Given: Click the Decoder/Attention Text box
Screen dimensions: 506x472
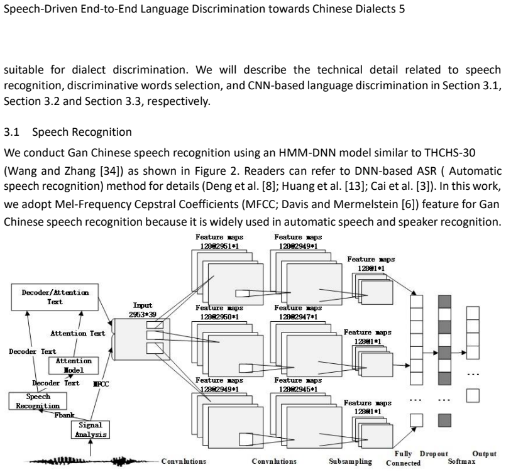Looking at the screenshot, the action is [x=55, y=297].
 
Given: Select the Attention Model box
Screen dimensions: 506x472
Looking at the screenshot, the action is [x=74, y=366].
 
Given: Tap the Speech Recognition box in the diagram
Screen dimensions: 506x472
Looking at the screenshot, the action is [x=38, y=401].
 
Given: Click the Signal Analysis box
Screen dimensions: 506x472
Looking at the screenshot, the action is [x=91, y=430].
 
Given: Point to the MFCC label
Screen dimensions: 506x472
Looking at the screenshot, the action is [x=101, y=384].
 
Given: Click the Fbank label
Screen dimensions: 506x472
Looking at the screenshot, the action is [x=64, y=415].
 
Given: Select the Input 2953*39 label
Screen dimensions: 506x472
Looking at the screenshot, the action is [x=142, y=310].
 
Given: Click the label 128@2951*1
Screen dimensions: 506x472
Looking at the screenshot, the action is [x=219, y=246].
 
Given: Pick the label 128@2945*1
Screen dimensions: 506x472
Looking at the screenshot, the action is [x=298, y=390].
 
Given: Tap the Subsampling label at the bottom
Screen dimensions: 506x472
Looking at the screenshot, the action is [x=351, y=461].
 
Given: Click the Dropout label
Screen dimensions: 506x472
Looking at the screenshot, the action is [x=434, y=454].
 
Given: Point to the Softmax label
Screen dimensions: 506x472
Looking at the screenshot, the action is [x=461, y=461].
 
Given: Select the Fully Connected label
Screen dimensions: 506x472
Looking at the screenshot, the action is [x=404, y=458].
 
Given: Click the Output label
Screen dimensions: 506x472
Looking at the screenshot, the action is [x=485, y=454].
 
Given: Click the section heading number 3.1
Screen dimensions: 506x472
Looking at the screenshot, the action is [x=11, y=132].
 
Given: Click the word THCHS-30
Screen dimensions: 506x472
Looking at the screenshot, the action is [x=450, y=152].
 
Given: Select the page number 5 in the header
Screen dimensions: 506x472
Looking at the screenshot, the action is [x=402, y=9].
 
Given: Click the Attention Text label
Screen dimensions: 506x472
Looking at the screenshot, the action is [x=78, y=333].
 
